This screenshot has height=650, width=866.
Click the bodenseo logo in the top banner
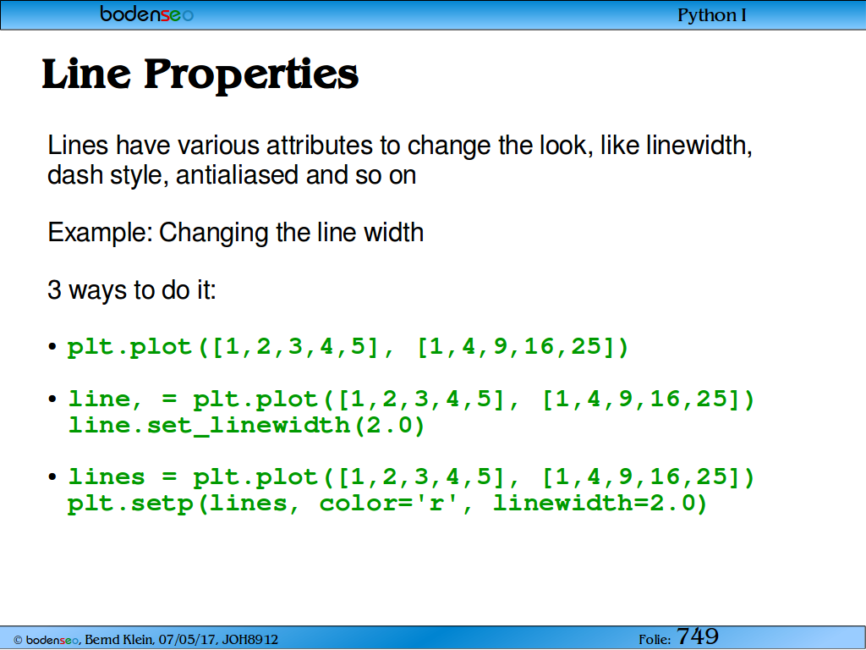coord(146,14)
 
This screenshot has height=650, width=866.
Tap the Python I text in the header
coord(712,15)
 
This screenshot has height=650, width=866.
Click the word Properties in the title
coord(251,75)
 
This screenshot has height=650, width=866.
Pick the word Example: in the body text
coord(100,233)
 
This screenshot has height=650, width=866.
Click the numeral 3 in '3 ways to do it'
coord(54,290)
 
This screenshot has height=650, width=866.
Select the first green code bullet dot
coord(52,347)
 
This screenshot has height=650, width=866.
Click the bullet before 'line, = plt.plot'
coord(52,399)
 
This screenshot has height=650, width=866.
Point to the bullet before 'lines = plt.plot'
coord(52,477)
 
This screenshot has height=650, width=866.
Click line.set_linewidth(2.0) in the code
coord(246,425)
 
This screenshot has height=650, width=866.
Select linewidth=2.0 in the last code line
coord(600,503)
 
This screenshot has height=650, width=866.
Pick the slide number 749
coord(698,636)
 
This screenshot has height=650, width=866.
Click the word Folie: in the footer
coord(655,640)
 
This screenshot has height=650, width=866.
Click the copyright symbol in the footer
coord(18,640)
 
